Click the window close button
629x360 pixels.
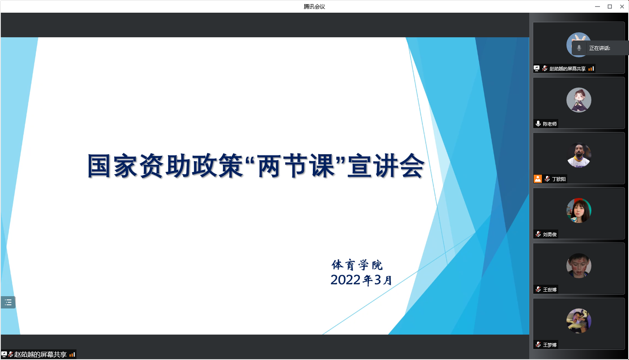622,7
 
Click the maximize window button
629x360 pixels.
610,7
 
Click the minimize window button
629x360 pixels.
597,7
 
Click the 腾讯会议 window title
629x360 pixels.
314,7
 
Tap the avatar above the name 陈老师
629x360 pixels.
579,100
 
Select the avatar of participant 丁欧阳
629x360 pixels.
579,155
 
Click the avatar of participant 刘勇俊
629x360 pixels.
579,211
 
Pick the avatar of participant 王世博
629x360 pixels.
579,265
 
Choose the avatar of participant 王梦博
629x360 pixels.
579,321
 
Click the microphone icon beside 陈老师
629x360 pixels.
538,124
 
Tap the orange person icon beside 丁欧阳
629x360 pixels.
538,179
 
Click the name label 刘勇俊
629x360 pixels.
550,234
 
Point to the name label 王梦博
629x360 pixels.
550,345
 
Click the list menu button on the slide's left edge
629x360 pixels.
8,302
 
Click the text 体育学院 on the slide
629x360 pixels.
357,265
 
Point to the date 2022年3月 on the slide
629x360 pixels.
361,280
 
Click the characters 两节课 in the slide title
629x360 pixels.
296,166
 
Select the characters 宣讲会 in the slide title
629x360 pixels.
386,166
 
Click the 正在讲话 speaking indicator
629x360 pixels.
600,48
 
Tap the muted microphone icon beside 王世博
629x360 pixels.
538,290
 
